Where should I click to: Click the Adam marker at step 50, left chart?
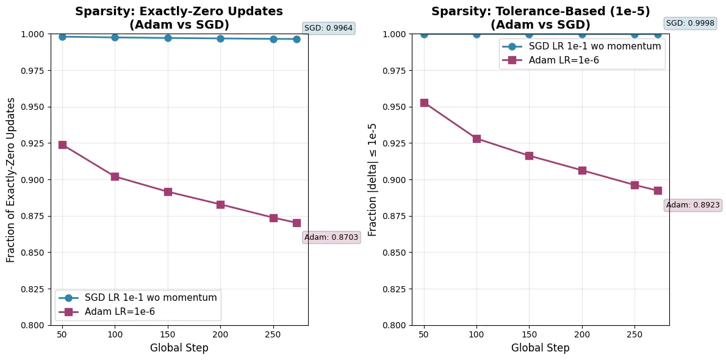tap(62, 145)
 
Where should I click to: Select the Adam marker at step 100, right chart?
tap(476, 139)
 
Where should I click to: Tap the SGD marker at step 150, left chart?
tap(168, 38)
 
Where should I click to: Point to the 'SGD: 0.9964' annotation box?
tap(328, 28)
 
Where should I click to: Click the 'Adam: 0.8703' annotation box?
tap(331, 237)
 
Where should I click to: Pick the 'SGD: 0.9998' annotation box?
tap(690, 23)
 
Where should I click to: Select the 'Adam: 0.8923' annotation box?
tap(693, 205)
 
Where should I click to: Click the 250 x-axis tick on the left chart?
tap(273, 334)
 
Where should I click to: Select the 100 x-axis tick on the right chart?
tap(476, 334)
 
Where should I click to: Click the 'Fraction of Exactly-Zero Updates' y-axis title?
tap(11, 179)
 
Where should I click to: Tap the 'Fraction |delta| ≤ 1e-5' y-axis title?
tap(372, 179)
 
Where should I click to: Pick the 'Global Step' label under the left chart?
tap(179, 348)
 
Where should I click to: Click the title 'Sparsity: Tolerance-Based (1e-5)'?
tap(541, 12)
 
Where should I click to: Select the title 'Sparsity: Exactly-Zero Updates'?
tap(179, 12)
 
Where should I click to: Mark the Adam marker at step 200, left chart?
tap(220, 204)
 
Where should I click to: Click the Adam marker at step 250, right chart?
tap(634, 185)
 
